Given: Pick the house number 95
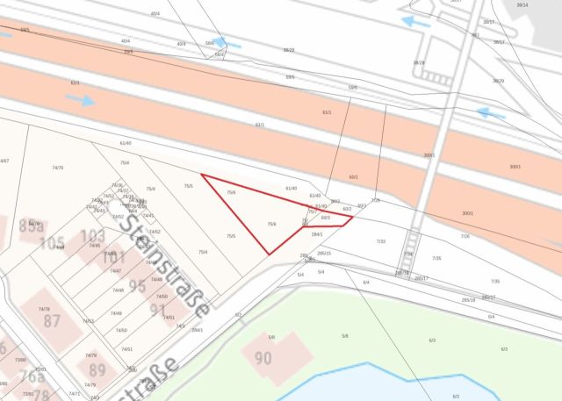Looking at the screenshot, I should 137,286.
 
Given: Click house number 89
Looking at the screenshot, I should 97,369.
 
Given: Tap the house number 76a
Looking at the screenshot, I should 32,377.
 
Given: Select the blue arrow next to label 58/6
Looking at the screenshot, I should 227,42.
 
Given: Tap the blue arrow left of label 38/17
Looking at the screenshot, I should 416,20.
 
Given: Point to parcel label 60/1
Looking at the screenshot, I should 354,176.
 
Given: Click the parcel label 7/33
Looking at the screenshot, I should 380,241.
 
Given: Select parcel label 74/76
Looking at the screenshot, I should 58,168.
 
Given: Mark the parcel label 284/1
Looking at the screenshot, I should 317,234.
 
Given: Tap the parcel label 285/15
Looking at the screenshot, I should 324,253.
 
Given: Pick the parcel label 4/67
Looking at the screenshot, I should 4,161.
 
